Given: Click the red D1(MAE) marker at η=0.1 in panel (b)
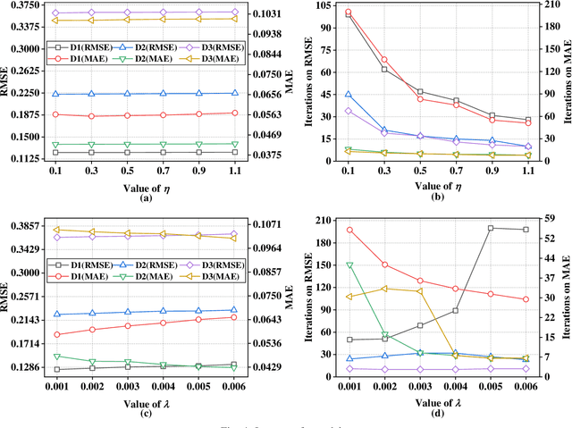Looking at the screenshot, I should point(348,13).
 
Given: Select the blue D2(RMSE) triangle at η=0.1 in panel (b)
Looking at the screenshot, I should point(348,94).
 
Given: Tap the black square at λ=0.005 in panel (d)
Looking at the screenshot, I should point(491,228).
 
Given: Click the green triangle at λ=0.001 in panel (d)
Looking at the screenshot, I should point(349,265).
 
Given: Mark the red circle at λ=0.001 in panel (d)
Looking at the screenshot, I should point(349,230).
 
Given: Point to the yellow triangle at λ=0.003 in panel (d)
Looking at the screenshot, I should point(419,291).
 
